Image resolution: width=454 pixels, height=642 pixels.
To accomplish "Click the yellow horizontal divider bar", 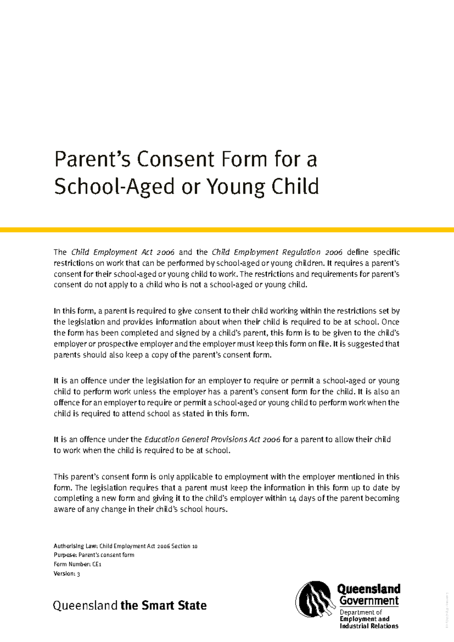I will click(x=227, y=230).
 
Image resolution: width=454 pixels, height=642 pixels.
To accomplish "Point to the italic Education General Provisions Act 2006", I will click(x=212, y=439).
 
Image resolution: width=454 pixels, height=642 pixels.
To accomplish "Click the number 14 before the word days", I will click(x=292, y=499).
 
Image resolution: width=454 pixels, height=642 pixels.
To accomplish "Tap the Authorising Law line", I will click(x=125, y=546).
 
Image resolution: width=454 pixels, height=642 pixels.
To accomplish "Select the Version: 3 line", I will click(x=67, y=573).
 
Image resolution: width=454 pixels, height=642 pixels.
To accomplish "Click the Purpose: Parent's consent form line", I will click(x=94, y=555).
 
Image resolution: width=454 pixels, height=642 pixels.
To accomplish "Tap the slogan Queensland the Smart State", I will click(x=130, y=605).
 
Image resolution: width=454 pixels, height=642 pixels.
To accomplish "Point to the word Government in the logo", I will click(x=369, y=601).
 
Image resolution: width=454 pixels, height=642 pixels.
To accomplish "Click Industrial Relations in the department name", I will click(x=369, y=626).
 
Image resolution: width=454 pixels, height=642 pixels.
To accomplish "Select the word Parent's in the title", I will click(x=93, y=159).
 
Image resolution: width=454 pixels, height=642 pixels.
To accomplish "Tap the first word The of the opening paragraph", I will click(x=60, y=252).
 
